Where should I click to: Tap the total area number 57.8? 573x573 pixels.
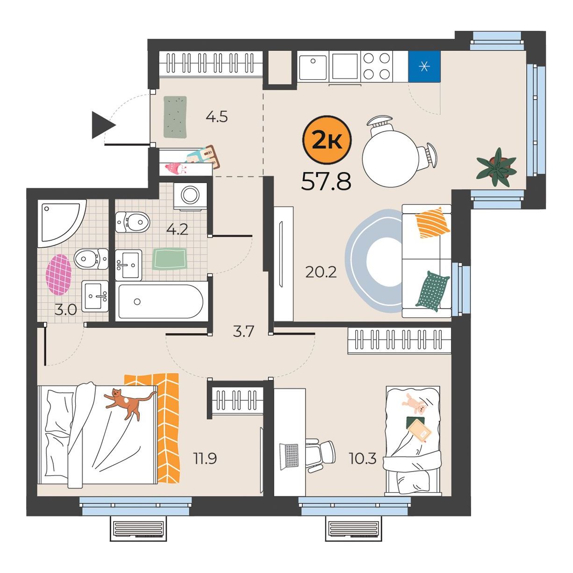point(326,181)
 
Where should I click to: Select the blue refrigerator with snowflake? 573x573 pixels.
point(424,67)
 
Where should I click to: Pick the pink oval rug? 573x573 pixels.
point(58,274)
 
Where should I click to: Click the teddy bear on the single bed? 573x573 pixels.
point(415,403)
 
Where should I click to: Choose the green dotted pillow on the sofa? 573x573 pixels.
point(433,291)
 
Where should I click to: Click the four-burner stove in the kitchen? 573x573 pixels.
point(377,66)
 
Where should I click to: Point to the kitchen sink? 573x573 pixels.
point(313,66)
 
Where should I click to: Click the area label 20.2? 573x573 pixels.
point(321,272)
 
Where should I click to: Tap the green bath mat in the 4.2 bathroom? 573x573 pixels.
point(170,259)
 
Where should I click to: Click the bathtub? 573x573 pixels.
point(161,301)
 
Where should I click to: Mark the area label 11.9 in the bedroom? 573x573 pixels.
point(205,458)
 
